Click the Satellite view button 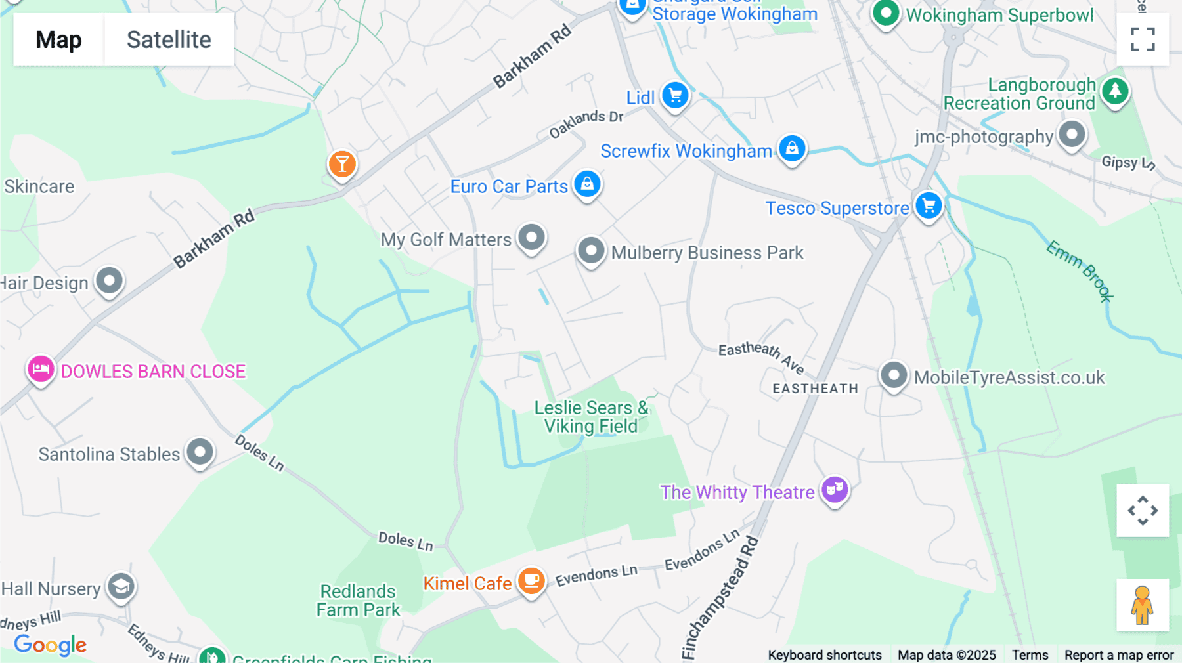169,39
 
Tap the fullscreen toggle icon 1143,39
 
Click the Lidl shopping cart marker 675,96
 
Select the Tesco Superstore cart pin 929,206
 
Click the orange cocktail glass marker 342,164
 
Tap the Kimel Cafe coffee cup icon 531,582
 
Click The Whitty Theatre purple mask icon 835,490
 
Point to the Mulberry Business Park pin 591,251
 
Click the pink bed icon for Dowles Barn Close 41,370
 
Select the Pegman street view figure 1142,605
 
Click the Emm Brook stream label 1080,270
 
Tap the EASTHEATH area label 815,389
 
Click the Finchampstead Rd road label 720,597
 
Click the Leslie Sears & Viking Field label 591,417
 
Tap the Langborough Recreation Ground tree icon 1115,91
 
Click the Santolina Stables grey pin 200,452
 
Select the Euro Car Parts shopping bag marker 587,184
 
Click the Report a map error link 1118,655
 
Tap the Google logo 51,645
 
